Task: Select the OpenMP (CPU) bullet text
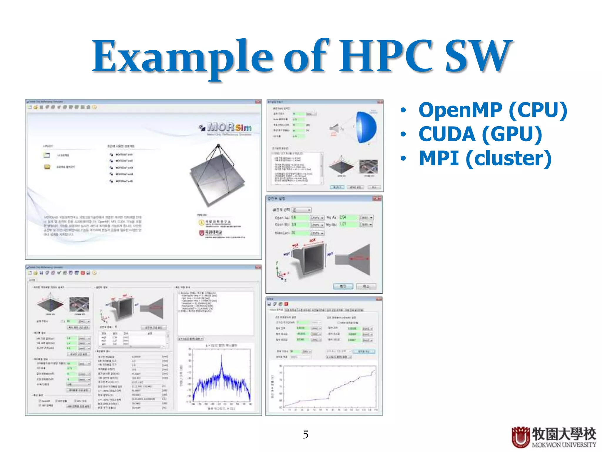(x=493, y=110)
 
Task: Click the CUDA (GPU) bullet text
(x=480, y=134)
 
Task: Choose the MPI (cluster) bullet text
(x=485, y=158)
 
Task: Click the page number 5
(x=305, y=435)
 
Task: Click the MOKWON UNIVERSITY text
(x=564, y=445)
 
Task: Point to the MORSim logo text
(x=229, y=127)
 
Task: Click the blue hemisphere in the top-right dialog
(x=366, y=127)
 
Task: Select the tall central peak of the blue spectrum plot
(x=222, y=365)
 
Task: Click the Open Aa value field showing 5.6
(x=299, y=217)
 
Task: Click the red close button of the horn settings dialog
(x=377, y=199)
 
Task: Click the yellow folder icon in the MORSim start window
(x=47, y=167)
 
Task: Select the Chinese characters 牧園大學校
(x=564, y=434)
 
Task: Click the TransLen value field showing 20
(x=299, y=233)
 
